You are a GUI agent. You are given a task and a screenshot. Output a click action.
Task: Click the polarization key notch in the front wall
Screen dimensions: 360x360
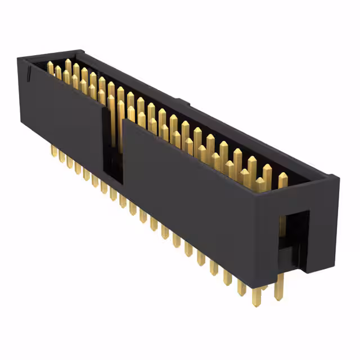[111, 141]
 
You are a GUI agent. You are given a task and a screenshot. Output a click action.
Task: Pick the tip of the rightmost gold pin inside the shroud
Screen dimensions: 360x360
[282, 177]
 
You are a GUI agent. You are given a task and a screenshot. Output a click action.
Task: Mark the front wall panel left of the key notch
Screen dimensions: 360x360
[62, 112]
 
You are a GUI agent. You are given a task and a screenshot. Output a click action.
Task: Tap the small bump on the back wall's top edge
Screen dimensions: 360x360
[183, 102]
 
